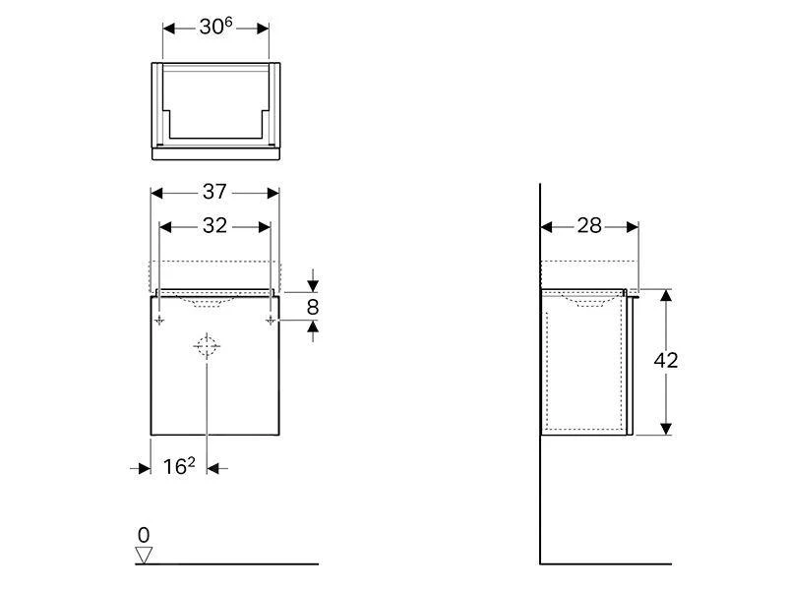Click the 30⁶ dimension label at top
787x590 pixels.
coord(215,28)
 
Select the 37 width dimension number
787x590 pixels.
coord(214,194)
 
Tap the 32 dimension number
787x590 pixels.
coord(214,226)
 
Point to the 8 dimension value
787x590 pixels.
coord(313,307)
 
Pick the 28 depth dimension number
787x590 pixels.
coord(588,226)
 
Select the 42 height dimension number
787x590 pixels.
coord(666,361)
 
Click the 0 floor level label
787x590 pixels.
coord(144,536)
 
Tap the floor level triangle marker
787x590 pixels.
coord(145,555)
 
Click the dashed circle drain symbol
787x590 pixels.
coord(207,346)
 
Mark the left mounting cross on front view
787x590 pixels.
coord(159,321)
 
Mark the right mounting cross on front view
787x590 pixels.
coord(270,321)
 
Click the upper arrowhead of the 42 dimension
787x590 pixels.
coord(666,296)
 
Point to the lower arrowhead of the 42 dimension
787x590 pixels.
coord(666,428)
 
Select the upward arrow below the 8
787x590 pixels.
coord(313,331)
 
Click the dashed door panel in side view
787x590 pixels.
coord(583,364)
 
